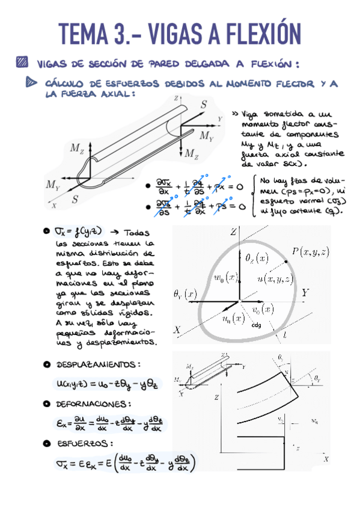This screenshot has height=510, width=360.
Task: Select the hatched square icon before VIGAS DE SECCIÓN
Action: (x=23, y=61)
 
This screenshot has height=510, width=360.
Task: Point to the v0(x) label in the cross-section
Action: (x=261, y=310)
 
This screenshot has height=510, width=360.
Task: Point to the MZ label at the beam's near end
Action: (x=77, y=148)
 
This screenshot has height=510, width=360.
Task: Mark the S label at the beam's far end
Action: (x=204, y=105)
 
